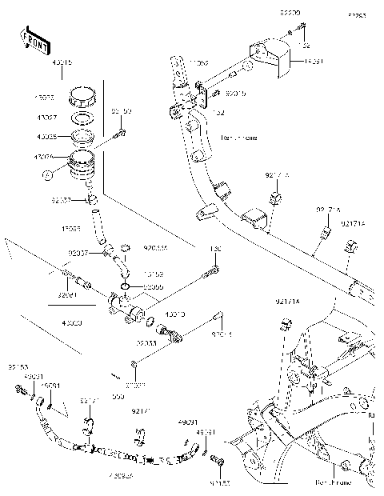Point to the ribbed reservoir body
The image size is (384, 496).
pyautogui.click(x=82, y=164)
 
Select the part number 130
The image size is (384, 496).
pyautogui.click(x=214, y=250)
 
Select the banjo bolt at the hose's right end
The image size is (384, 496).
pyautogui.click(x=216, y=462)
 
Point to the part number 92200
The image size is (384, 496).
pyautogui.click(x=289, y=14)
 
